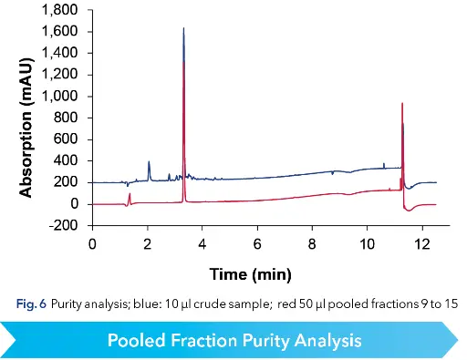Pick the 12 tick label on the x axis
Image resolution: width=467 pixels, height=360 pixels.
tap(421, 244)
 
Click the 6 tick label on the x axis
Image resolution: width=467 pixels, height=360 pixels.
tap(257, 244)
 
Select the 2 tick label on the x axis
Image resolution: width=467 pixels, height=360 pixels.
tap(147, 244)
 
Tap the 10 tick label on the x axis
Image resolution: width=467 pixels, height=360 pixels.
tap(367, 244)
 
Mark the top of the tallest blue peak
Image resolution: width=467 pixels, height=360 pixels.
tap(184, 28)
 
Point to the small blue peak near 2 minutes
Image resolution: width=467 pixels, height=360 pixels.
tap(149, 162)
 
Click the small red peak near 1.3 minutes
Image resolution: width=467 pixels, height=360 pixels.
tap(130, 194)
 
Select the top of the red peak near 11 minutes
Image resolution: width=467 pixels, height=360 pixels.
tap(402, 104)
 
